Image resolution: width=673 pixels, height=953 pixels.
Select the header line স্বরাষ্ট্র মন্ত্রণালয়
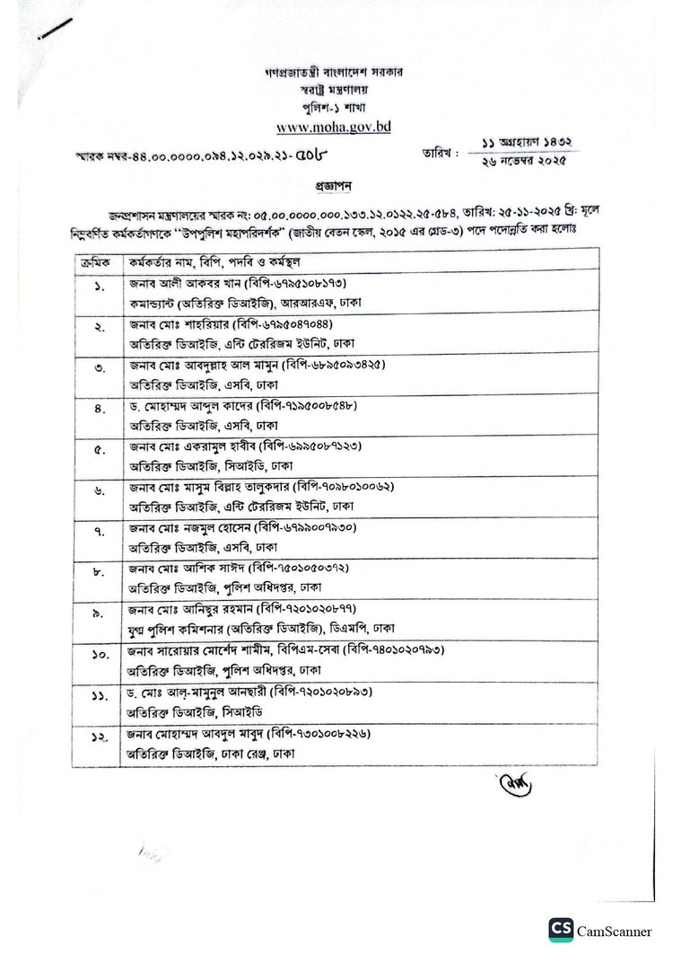point(334,91)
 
